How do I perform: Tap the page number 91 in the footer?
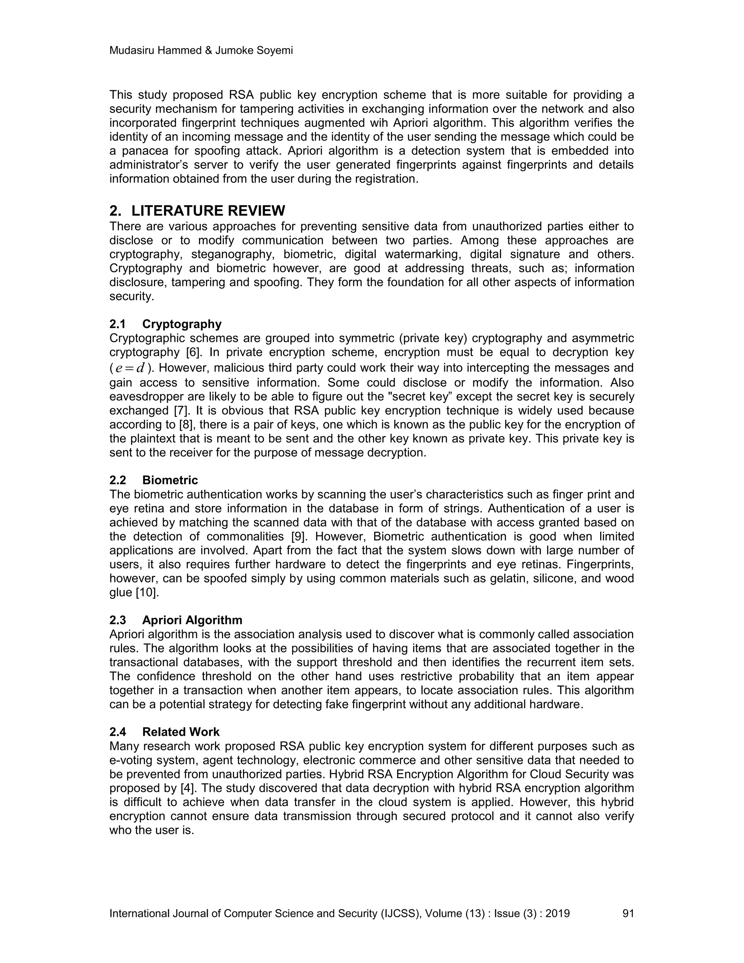click(x=628, y=913)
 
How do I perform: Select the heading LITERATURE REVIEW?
click(x=208, y=211)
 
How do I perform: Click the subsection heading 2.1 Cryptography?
click(x=165, y=324)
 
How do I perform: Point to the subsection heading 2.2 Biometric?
click(x=153, y=480)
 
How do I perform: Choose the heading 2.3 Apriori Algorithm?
click(x=175, y=620)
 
